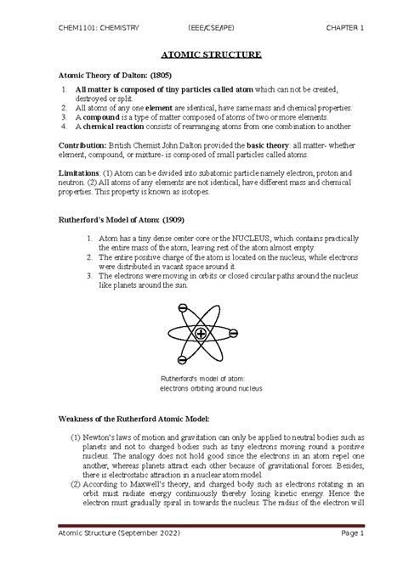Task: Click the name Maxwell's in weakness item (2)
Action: pos(147,493)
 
